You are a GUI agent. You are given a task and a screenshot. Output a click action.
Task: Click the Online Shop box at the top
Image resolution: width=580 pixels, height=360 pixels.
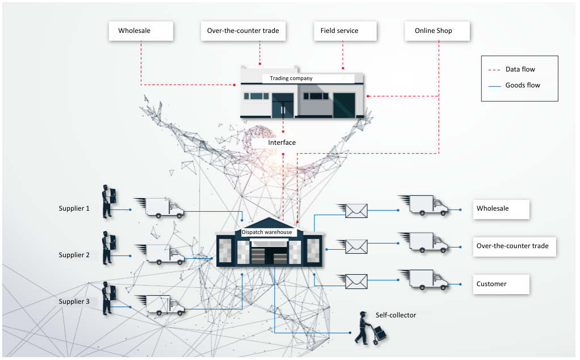(x=437, y=31)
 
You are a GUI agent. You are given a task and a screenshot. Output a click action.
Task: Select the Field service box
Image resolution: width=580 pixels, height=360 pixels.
(x=344, y=31)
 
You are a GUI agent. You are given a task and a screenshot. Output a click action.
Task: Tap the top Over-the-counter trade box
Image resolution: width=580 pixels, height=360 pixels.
(x=243, y=31)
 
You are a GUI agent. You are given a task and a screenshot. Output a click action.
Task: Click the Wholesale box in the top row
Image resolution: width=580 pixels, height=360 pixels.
(x=141, y=31)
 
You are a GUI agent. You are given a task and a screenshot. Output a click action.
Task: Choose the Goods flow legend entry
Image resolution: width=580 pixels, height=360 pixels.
(x=514, y=86)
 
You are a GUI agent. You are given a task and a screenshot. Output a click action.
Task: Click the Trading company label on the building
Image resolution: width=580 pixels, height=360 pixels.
(x=291, y=78)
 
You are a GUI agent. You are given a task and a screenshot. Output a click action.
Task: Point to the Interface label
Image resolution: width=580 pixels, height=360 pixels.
(x=282, y=143)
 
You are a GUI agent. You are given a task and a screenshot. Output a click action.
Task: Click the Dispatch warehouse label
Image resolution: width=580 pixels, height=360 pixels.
(x=267, y=232)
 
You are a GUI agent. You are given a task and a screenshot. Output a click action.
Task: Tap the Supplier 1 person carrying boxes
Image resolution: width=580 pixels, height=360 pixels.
(x=109, y=201)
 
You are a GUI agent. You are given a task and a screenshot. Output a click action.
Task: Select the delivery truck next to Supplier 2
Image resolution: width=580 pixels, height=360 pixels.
(x=160, y=254)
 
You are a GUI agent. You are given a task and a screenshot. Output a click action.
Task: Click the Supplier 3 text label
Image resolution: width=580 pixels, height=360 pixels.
(x=74, y=302)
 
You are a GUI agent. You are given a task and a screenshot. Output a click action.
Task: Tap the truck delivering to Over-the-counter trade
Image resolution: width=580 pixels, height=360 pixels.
(x=423, y=242)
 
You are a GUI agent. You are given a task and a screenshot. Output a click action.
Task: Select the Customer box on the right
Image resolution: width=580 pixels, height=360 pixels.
(x=501, y=284)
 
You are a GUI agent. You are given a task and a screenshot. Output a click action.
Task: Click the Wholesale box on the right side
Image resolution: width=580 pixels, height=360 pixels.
(x=501, y=209)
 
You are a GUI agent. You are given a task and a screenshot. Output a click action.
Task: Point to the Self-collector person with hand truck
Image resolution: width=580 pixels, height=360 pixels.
(x=370, y=329)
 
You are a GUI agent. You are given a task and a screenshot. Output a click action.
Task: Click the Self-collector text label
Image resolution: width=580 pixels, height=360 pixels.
(x=396, y=315)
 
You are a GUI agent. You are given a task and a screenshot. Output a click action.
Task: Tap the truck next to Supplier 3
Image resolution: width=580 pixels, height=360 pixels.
(x=160, y=305)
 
